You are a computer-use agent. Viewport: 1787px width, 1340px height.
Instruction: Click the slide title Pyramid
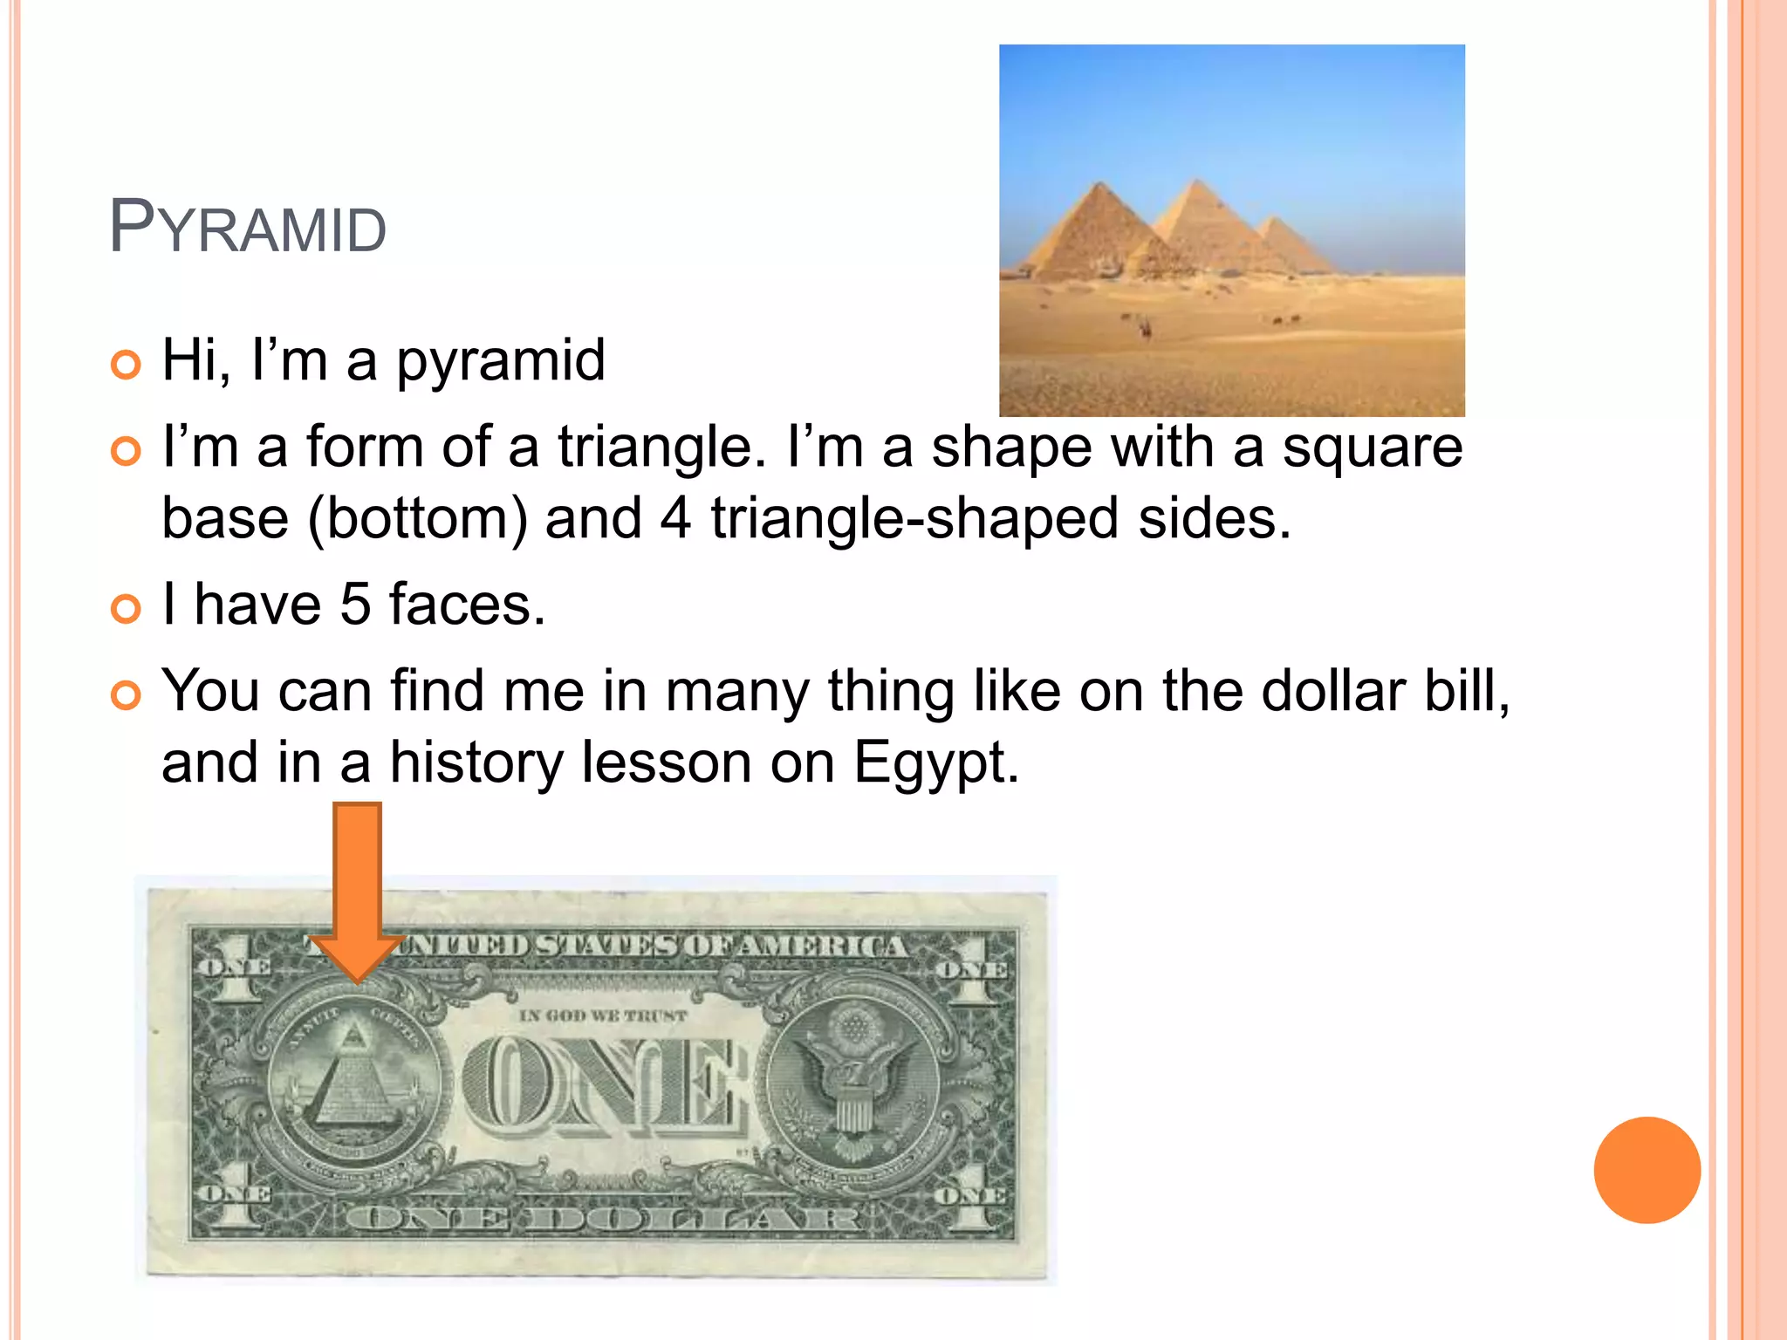coord(248,229)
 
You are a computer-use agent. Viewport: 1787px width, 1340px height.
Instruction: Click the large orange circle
coord(1647,1170)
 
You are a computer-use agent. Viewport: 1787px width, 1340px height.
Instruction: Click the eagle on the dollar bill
coord(853,1082)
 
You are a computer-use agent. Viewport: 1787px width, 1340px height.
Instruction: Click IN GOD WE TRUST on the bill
coord(603,1016)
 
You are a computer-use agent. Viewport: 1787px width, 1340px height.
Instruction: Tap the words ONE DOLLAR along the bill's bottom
coord(602,1219)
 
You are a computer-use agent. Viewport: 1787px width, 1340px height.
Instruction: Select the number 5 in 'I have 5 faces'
coord(355,604)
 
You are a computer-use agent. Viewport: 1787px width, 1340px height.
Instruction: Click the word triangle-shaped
coord(914,518)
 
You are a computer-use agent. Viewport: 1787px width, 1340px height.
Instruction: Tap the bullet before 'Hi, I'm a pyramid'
coord(127,365)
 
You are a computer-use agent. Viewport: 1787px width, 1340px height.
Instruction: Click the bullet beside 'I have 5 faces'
coord(127,608)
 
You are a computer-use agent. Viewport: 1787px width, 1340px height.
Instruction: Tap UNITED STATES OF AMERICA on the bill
coord(650,947)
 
